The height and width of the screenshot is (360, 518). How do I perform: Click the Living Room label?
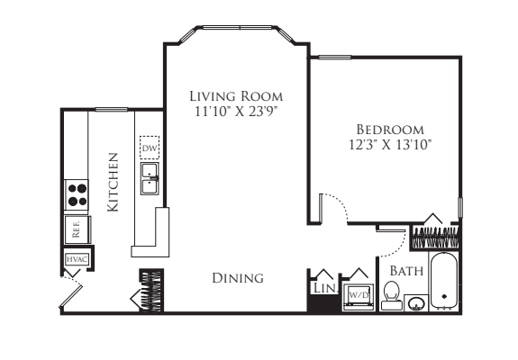coord(236,96)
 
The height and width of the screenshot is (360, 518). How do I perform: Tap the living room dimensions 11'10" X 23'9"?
coord(236,112)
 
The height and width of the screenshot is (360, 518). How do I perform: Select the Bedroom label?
coord(390,130)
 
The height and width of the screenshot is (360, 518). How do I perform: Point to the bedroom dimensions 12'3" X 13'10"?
coord(390,145)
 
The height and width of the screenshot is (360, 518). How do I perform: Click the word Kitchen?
coord(113,182)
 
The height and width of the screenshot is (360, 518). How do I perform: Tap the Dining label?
coord(238,278)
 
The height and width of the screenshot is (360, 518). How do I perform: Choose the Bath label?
coord(406,271)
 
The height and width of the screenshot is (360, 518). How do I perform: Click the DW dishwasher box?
coord(150,148)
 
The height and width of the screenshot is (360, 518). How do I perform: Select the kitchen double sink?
coord(150,178)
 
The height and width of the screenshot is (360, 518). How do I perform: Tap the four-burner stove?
coord(77,194)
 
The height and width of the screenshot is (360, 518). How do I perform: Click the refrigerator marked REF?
coord(77,229)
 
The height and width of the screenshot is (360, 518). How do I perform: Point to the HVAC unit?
coord(77,259)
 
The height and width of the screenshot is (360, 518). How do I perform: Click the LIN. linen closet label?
coord(324,288)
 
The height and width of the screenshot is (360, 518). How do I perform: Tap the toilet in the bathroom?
coord(392,296)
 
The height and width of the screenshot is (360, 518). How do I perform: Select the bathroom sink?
coord(416,303)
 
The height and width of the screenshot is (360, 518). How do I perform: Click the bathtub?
coord(443,281)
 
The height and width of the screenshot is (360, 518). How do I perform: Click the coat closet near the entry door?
coord(151,290)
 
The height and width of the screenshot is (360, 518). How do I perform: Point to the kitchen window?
coord(112,109)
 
